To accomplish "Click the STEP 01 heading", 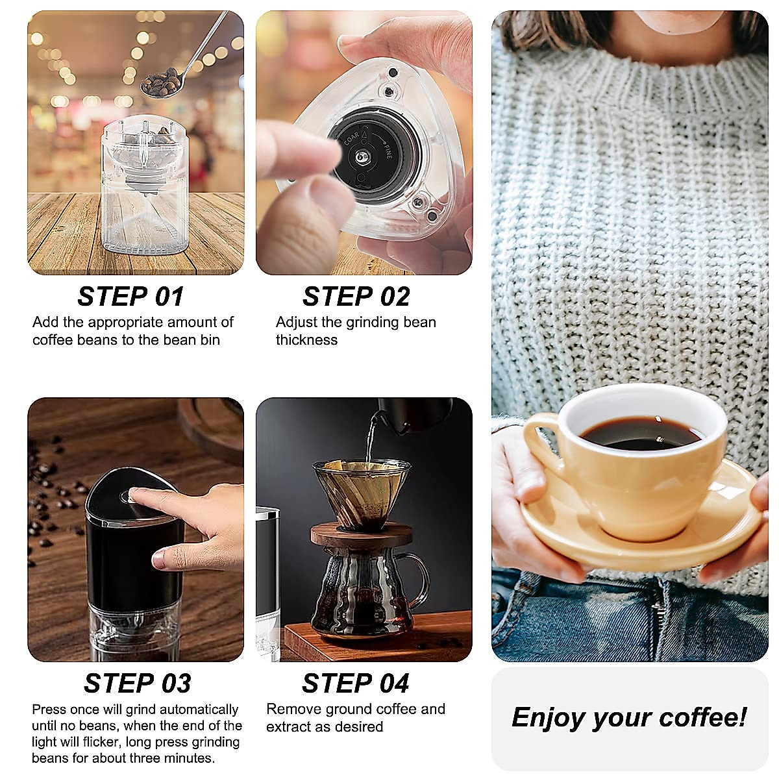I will [130, 297].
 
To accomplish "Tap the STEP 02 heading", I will [356, 297].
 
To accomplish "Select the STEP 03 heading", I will [137, 684].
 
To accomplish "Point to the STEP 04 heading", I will [355, 684].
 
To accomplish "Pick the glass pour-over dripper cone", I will [361, 493].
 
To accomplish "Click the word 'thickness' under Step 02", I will [306, 340].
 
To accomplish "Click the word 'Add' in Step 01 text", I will [45, 322].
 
